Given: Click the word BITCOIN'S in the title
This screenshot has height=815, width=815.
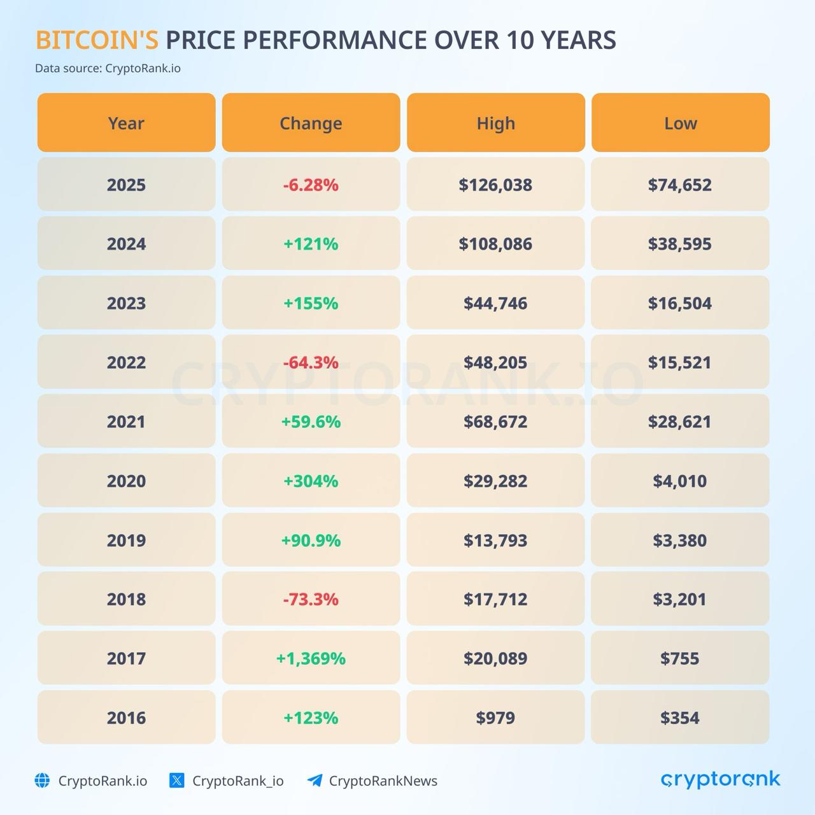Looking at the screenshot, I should click(x=97, y=40).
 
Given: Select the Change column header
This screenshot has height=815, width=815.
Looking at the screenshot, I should click(x=311, y=123).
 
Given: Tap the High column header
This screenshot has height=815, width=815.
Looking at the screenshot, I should click(x=495, y=123).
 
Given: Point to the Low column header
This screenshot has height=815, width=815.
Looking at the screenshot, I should click(x=680, y=123).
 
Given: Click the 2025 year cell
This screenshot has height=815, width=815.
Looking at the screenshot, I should click(x=126, y=185).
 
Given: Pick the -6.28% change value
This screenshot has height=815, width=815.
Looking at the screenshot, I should click(x=311, y=185).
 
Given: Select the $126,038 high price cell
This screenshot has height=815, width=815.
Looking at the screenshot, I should click(x=495, y=185).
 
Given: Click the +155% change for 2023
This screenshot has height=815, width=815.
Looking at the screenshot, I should click(x=311, y=303).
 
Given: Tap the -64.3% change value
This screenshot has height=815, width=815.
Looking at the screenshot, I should click(x=311, y=362).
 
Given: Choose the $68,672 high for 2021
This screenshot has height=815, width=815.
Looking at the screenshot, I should click(x=495, y=422).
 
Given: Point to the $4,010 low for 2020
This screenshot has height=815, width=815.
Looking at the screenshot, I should click(x=680, y=481).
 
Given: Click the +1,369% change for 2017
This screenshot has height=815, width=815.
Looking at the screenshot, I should click(x=311, y=658).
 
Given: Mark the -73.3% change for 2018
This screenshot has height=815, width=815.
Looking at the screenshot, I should click(x=311, y=599).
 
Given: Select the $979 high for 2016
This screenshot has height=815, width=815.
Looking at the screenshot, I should click(x=495, y=718).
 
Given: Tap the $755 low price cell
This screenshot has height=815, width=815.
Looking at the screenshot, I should click(x=680, y=658).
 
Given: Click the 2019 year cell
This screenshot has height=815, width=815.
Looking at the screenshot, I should click(x=126, y=540).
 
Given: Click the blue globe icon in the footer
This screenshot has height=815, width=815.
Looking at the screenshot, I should click(x=42, y=781).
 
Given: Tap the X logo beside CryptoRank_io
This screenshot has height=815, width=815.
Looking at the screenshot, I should click(x=177, y=781).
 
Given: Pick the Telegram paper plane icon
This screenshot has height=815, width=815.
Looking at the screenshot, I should click(x=315, y=781).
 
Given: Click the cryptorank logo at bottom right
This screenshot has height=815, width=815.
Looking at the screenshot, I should click(x=720, y=779).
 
